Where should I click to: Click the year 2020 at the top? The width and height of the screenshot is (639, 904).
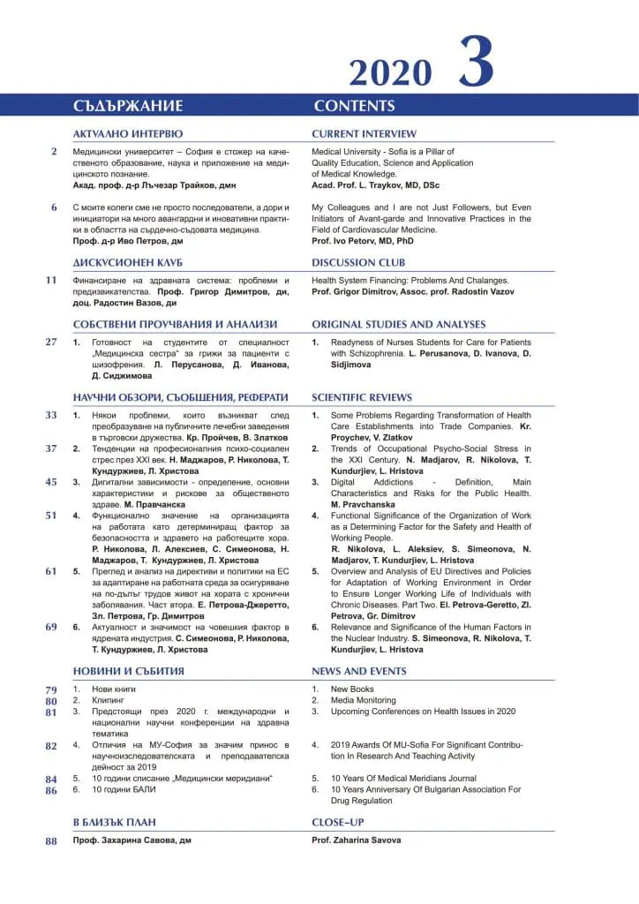pos(390,71)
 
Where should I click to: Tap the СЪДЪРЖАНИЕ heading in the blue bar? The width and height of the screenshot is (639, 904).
pos(128,106)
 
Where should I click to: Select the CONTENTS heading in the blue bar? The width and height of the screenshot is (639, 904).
pos(354,106)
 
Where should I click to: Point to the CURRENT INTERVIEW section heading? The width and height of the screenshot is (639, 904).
pos(364,134)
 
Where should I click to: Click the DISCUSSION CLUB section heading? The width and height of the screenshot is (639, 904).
pos(358,262)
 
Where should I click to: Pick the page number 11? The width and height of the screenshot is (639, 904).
pos(51,281)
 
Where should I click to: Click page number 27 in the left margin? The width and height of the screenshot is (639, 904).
pos(51,342)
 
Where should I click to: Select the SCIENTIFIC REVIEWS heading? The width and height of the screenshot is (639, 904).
pos(362,397)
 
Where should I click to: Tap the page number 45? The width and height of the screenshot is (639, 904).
pos(51,482)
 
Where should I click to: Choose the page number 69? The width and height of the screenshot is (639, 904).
pos(51,627)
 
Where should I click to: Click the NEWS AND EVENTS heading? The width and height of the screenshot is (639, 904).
pos(359,671)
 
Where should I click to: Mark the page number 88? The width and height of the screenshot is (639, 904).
pos(51,840)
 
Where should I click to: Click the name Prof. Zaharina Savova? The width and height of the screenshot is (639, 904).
pos(356,840)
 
